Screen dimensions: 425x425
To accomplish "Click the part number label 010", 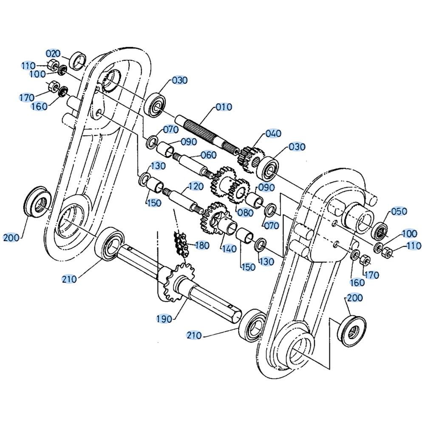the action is pyautogui.click(x=224, y=107).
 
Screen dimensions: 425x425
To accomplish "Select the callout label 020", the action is pyautogui.click(x=54, y=54).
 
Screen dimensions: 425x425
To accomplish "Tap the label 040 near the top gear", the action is pyautogui.click(x=273, y=133).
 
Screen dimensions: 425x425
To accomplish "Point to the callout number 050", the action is pyautogui.click(x=399, y=211).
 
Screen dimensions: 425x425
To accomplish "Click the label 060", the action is pyautogui.click(x=209, y=155).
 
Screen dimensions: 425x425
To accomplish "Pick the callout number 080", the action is pyautogui.click(x=245, y=212).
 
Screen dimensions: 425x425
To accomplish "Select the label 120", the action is pyautogui.click(x=195, y=187).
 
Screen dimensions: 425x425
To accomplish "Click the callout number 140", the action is pyautogui.click(x=229, y=248).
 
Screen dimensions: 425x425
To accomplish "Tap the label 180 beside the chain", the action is pyautogui.click(x=201, y=245).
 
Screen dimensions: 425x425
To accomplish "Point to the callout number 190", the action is pyautogui.click(x=164, y=319).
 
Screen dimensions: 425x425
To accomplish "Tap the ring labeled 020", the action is pyautogui.click(x=78, y=60).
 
